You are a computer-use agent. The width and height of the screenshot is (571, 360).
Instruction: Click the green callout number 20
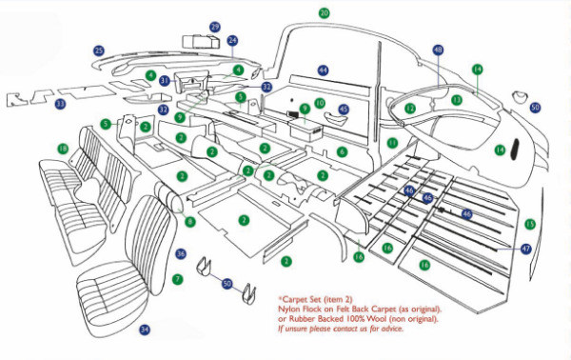(x=324, y=13)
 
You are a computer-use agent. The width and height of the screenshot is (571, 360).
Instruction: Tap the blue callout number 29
(x=215, y=27)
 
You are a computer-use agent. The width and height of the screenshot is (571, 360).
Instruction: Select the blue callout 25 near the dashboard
(x=99, y=50)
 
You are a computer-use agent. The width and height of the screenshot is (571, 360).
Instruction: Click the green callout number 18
(x=62, y=149)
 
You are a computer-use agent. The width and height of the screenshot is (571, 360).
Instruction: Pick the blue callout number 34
(x=145, y=330)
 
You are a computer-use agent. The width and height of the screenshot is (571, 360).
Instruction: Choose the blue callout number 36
(x=181, y=253)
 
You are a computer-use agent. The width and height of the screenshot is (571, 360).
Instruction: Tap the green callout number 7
(x=177, y=279)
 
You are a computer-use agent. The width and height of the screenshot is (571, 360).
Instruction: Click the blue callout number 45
(x=344, y=110)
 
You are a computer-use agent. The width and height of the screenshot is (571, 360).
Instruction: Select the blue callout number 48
(x=438, y=50)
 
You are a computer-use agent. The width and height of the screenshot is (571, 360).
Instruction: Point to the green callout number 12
(x=410, y=110)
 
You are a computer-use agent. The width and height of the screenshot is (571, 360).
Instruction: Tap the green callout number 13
(x=457, y=99)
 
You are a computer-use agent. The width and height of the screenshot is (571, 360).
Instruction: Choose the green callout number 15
(x=530, y=224)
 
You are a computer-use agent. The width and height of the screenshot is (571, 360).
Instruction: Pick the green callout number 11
(x=391, y=142)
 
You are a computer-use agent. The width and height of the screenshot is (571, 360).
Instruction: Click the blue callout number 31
(x=165, y=81)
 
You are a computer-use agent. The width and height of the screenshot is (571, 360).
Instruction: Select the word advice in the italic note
(x=390, y=330)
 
